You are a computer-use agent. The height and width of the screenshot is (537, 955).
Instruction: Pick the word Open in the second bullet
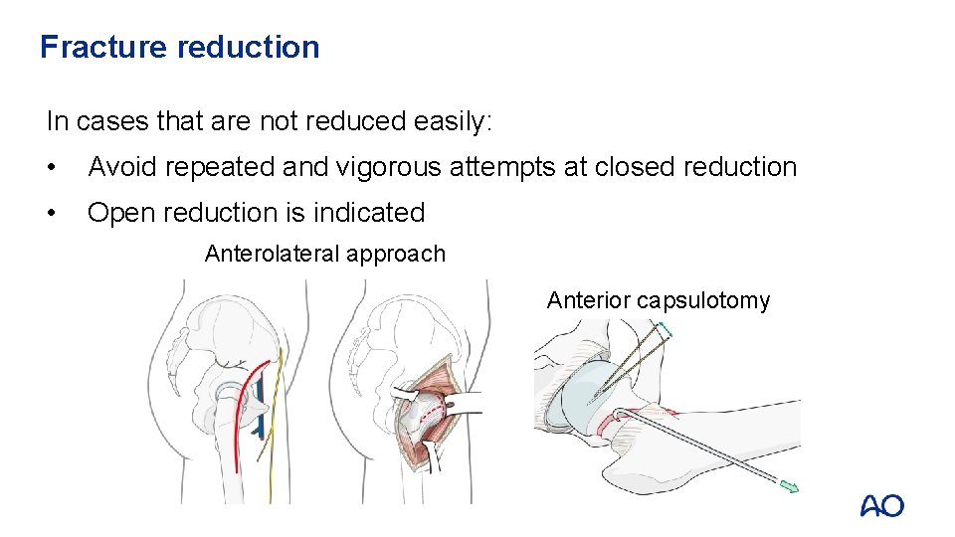pyautogui.click(x=120, y=213)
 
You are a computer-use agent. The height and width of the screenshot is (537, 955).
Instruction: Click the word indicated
pyautogui.click(x=368, y=213)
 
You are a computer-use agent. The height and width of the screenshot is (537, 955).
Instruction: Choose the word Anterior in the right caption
pyautogui.click(x=588, y=300)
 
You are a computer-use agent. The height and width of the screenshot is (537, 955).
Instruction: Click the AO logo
pyautogui.click(x=881, y=506)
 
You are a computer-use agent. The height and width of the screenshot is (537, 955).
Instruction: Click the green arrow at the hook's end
pyautogui.click(x=787, y=486)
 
